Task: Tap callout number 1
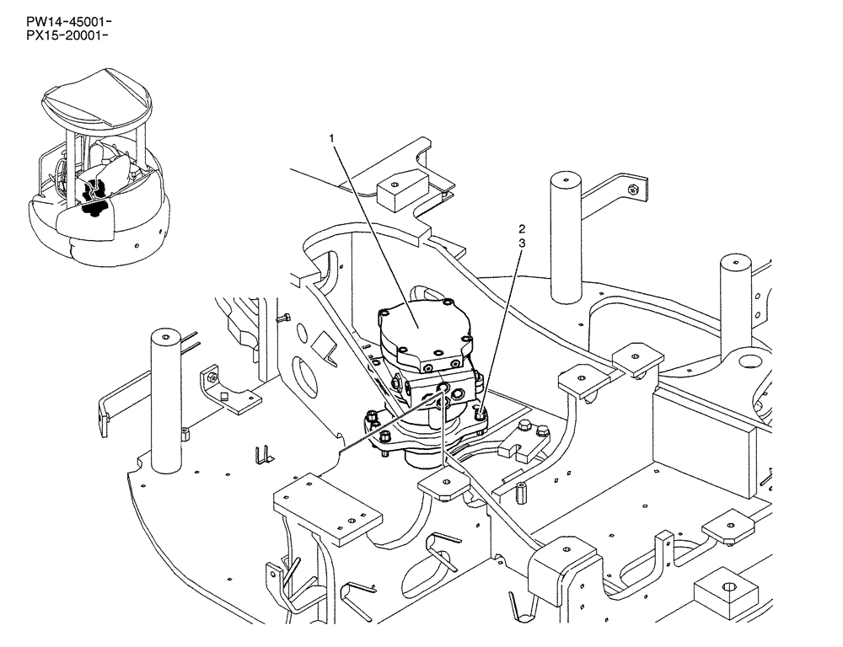click(x=333, y=136)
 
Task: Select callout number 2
click(x=522, y=228)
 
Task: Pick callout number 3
click(x=522, y=243)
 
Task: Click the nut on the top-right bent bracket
click(x=631, y=190)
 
